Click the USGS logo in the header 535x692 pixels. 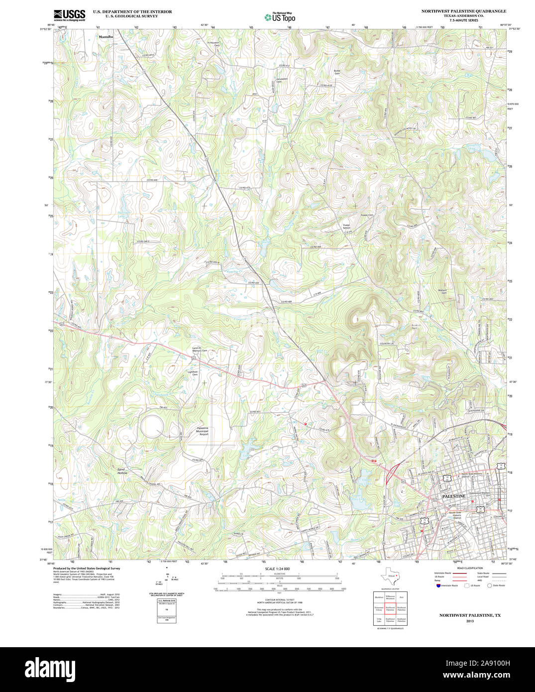pos(69,15)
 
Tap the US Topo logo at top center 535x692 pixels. pos(280,17)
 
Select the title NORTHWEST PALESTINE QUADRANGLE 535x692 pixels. pos(463,11)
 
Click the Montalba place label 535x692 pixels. pos(106,37)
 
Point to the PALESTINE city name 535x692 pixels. pos(454,496)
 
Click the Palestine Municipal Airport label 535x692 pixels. pos(203,431)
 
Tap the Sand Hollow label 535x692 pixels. pos(122,470)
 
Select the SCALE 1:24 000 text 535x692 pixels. pos(277,569)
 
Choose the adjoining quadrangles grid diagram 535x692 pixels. pos(390,607)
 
